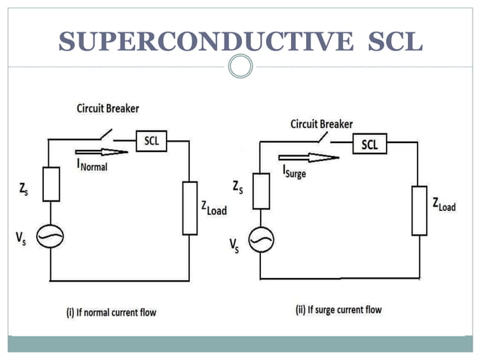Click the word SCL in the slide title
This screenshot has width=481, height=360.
click(394, 41)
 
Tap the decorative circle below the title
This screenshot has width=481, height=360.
click(240, 67)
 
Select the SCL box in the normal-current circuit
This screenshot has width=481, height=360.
click(152, 140)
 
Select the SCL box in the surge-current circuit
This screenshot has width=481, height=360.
click(369, 145)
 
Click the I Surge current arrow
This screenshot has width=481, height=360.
click(305, 158)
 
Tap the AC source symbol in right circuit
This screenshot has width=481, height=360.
click(261, 239)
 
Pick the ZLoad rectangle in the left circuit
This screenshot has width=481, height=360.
click(190, 208)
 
